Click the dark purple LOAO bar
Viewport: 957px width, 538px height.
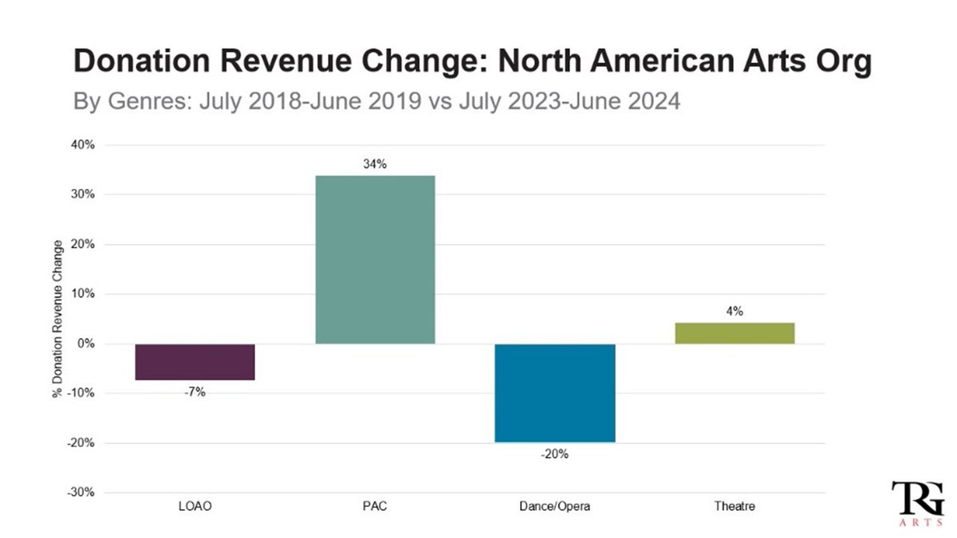pyautogui.click(x=195, y=362)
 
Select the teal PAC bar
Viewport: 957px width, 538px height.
pyautogui.click(x=375, y=260)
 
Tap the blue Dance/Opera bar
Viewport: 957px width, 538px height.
pyautogui.click(x=554, y=393)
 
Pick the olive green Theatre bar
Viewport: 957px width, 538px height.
pyautogui.click(x=734, y=333)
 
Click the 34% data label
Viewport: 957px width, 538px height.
pyautogui.click(x=375, y=164)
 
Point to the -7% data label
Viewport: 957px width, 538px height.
pyautogui.click(x=195, y=392)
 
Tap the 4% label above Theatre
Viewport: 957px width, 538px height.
pyautogui.click(x=734, y=312)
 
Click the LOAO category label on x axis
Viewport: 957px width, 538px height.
pyautogui.click(x=195, y=506)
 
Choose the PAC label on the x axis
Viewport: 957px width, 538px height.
pyautogui.click(x=375, y=506)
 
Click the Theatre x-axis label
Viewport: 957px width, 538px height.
pyautogui.click(x=734, y=506)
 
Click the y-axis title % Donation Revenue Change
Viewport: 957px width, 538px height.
pyautogui.click(x=58, y=319)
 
